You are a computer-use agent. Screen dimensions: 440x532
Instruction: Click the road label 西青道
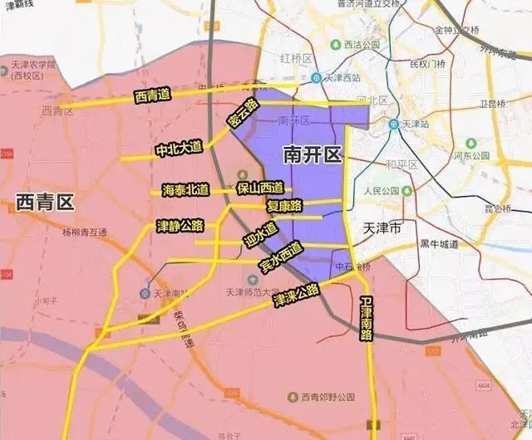pos(152,95)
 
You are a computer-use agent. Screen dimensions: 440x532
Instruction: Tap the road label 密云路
pos(244,114)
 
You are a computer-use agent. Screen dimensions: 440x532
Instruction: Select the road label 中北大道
pos(179,149)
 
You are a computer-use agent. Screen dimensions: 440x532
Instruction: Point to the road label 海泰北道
pos(185,190)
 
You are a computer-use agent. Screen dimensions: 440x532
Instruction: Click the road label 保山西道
pos(259,188)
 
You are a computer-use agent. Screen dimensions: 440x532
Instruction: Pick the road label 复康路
pos(283,205)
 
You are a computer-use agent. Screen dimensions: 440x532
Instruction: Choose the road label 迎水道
pos(260,232)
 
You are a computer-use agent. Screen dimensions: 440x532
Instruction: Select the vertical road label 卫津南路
pos(367,319)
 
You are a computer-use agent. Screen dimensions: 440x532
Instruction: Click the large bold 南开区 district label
pos(312,154)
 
